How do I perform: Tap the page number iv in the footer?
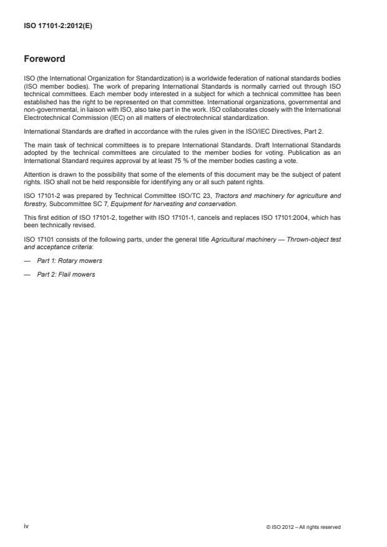point(26,526)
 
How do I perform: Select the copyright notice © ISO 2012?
point(303,527)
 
